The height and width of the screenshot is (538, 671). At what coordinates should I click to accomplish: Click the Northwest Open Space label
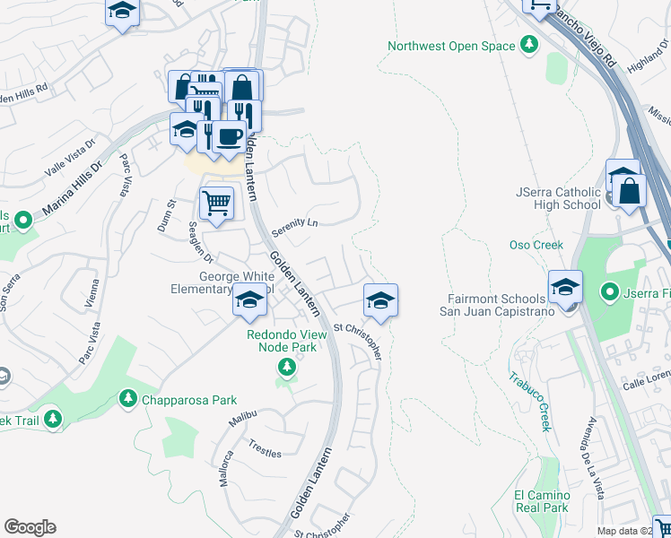coord(451,46)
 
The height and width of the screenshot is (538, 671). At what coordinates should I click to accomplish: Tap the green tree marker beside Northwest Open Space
coord(530,44)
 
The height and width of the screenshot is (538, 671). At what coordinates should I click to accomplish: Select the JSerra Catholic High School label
coord(558,198)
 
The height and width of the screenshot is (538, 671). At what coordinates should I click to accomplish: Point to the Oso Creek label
coord(536,245)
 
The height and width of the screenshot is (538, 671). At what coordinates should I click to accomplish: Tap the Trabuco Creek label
coord(531,403)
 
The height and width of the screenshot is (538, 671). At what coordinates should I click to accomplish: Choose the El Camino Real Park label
coord(542,501)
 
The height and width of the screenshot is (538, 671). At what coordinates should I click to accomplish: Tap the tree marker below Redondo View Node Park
coord(286,366)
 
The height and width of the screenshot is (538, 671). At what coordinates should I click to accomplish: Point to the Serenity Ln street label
coord(301,221)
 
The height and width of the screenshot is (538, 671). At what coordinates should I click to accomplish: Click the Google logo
coord(30,527)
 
